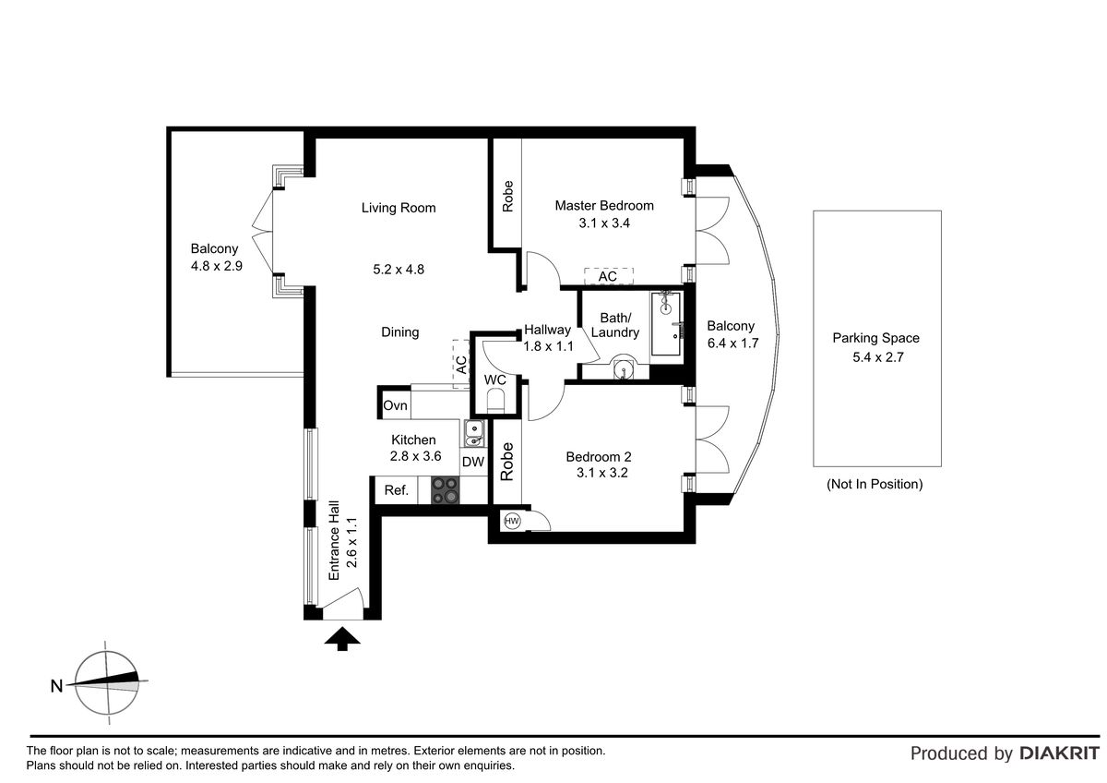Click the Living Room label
click(399, 208)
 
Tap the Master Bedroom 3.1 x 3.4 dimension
click(604, 223)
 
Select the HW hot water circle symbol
click(512, 521)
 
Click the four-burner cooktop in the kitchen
click(445, 489)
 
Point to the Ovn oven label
click(395, 405)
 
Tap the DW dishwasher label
click(473, 462)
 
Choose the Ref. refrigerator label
click(397, 490)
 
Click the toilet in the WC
click(495, 401)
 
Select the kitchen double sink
click(474, 433)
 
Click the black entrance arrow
click(342, 638)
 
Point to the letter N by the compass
click(57, 686)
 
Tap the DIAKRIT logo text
click(1060, 753)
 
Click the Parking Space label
click(875, 338)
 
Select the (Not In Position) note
click(875, 484)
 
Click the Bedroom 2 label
click(599, 456)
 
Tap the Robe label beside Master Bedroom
click(507, 197)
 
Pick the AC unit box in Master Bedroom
click(608, 276)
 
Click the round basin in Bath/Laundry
click(624, 369)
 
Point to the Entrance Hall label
click(334, 541)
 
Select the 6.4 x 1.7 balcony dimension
click(732, 343)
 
